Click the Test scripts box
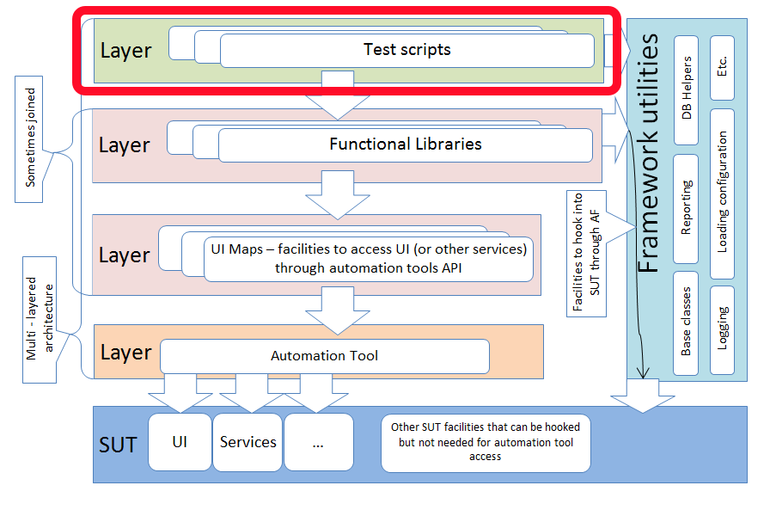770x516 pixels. [406, 50]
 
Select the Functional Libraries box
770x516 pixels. [405, 144]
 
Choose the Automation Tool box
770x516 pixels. [324, 355]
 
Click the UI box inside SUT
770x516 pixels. [180, 442]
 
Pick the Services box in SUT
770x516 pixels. [247, 442]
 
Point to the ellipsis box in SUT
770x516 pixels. [318, 442]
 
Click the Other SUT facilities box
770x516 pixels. [486, 442]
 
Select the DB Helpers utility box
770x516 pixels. [686, 90]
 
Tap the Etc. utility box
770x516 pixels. [722, 64]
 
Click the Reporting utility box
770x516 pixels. [686, 208]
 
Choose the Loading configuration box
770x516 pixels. [722, 193]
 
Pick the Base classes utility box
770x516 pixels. [686, 327]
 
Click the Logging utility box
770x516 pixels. [722, 327]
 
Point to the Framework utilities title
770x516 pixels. [651, 155]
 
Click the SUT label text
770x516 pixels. [118, 445]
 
